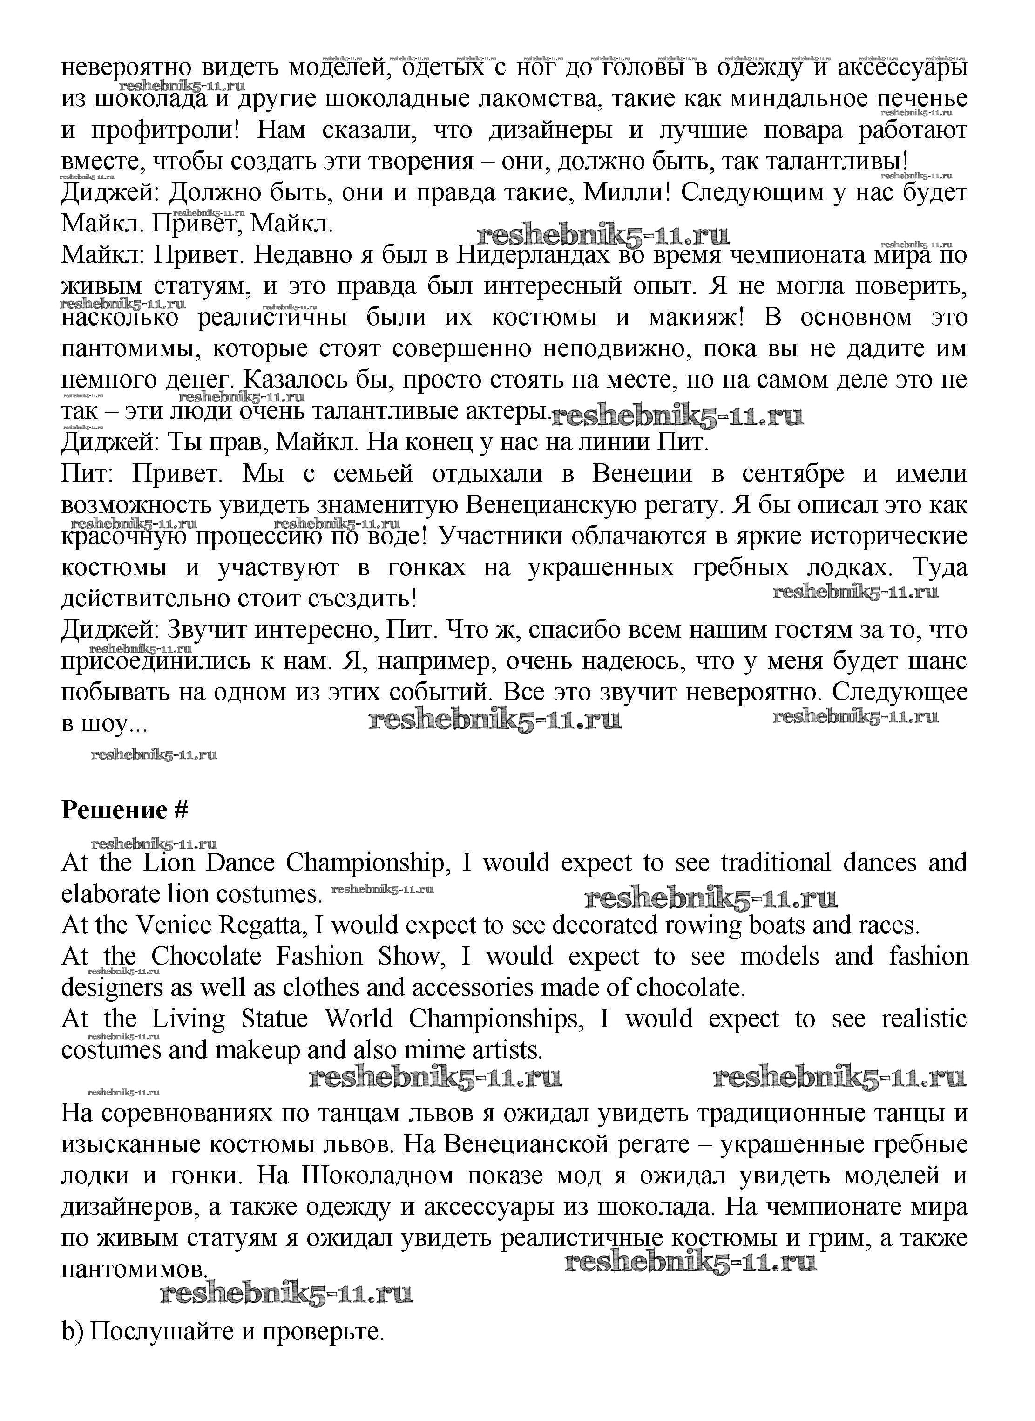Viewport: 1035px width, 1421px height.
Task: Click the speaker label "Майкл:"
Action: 103,255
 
